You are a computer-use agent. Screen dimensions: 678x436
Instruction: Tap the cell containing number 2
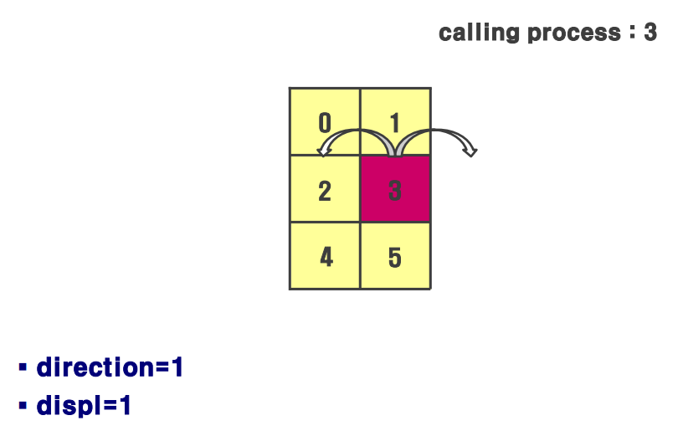(325, 189)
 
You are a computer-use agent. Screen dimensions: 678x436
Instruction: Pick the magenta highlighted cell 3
(395, 189)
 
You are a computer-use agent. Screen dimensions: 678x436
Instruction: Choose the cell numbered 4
(325, 256)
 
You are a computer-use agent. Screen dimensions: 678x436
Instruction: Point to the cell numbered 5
(395, 256)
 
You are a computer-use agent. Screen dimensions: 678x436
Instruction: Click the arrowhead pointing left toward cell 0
(323, 151)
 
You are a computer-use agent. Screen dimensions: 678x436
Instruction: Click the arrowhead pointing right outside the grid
(471, 151)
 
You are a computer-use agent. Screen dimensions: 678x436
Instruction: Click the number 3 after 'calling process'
(650, 33)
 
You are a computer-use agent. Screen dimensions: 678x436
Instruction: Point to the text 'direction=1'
(110, 367)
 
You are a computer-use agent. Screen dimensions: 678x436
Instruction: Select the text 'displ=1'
(85, 406)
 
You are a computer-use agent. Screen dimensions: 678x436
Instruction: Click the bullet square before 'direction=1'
(23, 367)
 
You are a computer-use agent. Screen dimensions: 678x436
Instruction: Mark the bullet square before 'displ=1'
(23, 406)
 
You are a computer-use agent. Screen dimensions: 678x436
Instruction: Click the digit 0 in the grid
(325, 124)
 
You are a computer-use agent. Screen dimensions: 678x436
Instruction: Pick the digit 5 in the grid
(395, 257)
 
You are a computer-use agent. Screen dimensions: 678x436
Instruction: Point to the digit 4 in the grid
(326, 257)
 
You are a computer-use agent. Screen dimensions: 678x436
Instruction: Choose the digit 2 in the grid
(325, 191)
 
